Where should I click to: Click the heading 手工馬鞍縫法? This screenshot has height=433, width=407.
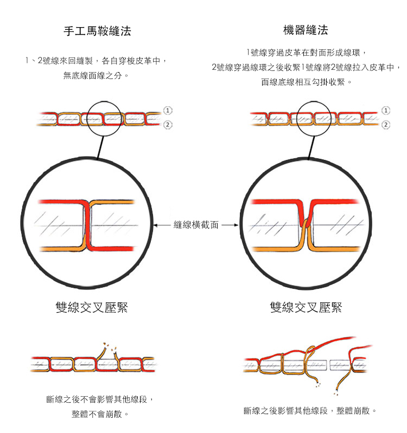(98, 31)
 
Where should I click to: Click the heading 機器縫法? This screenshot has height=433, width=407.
(306, 30)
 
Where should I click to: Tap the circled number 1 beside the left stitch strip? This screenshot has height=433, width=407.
(168, 110)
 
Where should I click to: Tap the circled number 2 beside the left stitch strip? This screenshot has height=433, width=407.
(168, 125)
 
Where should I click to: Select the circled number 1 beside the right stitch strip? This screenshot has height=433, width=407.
(386, 110)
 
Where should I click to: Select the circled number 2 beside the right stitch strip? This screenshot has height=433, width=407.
(386, 125)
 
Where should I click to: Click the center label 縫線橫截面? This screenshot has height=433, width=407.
(196, 224)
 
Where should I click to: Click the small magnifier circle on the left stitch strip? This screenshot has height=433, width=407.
(104, 118)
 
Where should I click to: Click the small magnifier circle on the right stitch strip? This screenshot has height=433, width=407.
(322, 118)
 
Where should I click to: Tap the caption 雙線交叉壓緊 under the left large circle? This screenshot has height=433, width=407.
(92, 308)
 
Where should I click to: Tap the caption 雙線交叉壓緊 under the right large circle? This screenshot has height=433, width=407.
(307, 308)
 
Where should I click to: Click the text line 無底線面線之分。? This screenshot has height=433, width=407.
(96, 75)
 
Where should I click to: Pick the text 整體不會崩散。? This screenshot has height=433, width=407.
(100, 414)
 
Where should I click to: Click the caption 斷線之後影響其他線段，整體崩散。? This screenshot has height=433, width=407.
(310, 411)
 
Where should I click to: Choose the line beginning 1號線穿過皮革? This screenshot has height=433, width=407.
(307, 53)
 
